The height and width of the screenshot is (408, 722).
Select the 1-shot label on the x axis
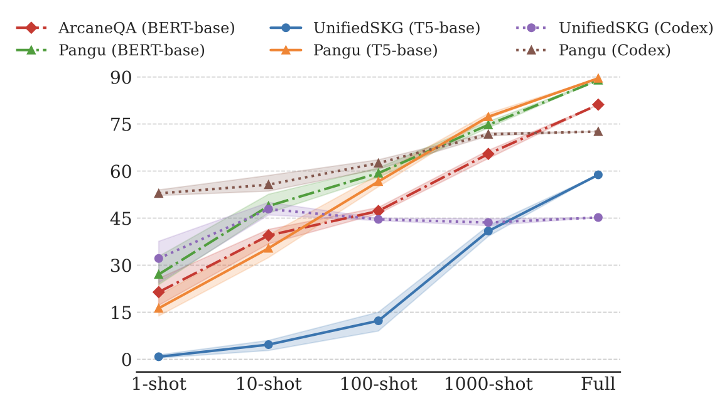[x=159, y=384]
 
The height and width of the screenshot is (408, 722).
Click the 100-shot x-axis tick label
[x=379, y=384]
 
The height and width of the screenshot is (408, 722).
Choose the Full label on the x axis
[x=598, y=384]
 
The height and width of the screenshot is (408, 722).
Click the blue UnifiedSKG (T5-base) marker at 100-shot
[x=379, y=321]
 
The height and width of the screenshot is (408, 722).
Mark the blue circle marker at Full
[x=598, y=174]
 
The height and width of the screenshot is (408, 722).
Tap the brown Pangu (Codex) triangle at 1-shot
[x=159, y=193]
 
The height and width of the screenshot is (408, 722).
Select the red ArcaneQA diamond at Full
[x=598, y=104]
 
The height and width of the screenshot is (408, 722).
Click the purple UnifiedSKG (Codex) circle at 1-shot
[x=159, y=258]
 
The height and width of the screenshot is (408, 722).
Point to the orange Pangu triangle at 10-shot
[x=269, y=247]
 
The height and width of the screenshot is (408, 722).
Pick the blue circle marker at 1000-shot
[x=488, y=231]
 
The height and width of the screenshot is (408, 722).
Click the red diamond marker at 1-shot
[x=159, y=292]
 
